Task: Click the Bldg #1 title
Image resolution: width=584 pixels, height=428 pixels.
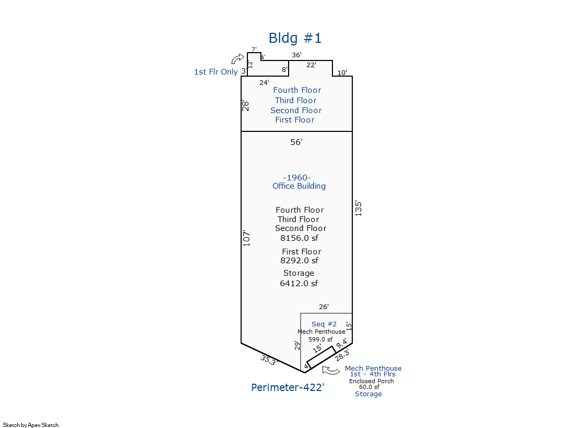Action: pyautogui.click(x=295, y=38)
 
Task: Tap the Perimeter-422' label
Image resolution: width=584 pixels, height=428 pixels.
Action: pyautogui.click(x=288, y=387)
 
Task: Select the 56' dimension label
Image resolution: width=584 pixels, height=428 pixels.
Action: pyautogui.click(x=296, y=142)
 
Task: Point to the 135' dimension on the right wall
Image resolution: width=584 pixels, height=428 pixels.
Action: pyautogui.click(x=359, y=209)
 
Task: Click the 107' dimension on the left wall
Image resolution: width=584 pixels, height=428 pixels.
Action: pyautogui.click(x=246, y=238)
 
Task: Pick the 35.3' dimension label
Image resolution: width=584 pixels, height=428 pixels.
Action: pyautogui.click(x=269, y=360)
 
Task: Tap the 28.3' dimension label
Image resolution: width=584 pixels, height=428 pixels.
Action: pyautogui.click(x=342, y=355)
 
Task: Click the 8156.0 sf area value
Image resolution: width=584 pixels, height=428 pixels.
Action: pyautogui.click(x=300, y=238)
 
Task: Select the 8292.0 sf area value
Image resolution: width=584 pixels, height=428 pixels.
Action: pyautogui.click(x=300, y=261)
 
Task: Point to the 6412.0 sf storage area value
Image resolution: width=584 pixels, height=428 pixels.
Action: pyautogui.click(x=299, y=284)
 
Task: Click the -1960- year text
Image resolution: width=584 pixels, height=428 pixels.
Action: pyautogui.click(x=297, y=178)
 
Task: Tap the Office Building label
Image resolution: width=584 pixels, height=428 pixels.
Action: pyautogui.click(x=299, y=186)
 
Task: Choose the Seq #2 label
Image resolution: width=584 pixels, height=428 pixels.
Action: pyautogui.click(x=324, y=324)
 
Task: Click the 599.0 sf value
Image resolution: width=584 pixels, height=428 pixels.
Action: pyautogui.click(x=320, y=339)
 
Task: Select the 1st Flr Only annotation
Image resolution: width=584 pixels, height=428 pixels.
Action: pyautogui.click(x=216, y=72)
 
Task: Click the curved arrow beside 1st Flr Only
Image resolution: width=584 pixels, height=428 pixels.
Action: pyautogui.click(x=237, y=59)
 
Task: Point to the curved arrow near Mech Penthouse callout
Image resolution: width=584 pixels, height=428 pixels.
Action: pyautogui.click(x=331, y=370)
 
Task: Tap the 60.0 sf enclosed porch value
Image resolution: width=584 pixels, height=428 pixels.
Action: pyautogui.click(x=369, y=387)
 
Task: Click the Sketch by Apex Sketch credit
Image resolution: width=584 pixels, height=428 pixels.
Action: pyautogui.click(x=31, y=425)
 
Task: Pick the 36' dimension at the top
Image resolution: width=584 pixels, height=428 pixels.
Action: pyautogui.click(x=296, y=55)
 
